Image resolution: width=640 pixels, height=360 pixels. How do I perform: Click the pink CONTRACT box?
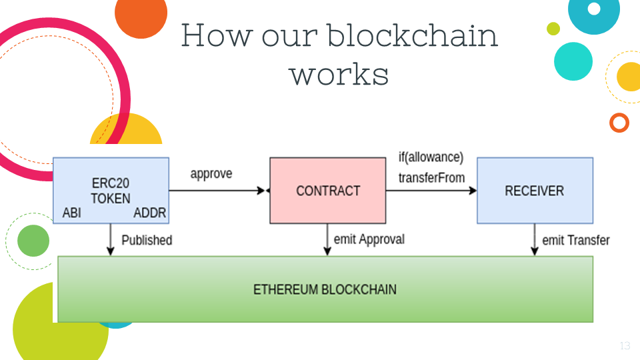[x=328, y=191]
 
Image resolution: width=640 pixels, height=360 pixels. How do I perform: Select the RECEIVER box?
[x=535, y=191]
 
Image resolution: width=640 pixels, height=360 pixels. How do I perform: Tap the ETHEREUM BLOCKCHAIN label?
[x=325, y=289]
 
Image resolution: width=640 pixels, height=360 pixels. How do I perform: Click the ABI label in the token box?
[x=72, y=213]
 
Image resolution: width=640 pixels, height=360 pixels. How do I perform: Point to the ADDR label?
[x=150, y=213]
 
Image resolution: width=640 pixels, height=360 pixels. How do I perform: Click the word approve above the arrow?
[x=211, y=174]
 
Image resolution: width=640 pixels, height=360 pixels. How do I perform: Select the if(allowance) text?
[x=431, y=157]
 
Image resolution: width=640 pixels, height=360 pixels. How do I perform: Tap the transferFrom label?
[x=431, y=177]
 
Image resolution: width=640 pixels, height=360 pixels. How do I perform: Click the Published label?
[x=147, y=240]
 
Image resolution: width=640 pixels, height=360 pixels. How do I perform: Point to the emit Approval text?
[x=369, y=239]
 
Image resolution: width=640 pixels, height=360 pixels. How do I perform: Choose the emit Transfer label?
[x=576, y=240]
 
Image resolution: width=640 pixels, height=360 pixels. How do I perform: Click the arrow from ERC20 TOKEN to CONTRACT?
[x=217, y=191]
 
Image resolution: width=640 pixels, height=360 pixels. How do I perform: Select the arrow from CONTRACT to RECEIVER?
[x=431, y=191]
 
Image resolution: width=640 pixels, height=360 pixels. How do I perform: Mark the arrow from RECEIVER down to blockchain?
[x=535, y=239]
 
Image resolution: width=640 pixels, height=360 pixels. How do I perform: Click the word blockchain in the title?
[x=412, y=35]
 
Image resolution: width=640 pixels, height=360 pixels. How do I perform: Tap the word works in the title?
[x=339, y=74]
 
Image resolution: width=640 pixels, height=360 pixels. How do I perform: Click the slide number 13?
[x=625, y=346]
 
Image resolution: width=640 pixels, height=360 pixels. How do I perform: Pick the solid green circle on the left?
[x=33, y=241]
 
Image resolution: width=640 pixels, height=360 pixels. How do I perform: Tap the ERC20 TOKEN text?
[x=111, y=191]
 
